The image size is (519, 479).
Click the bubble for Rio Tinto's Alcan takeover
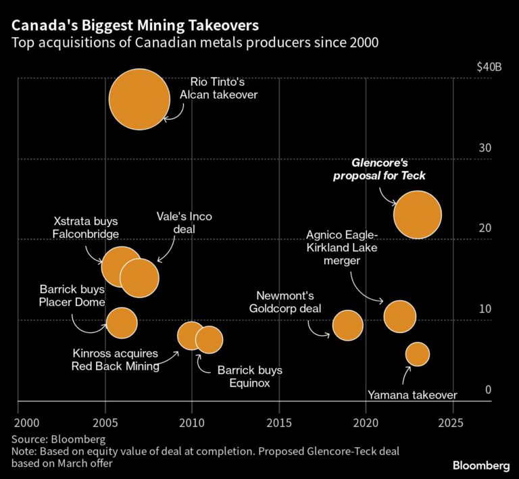click(x=139, y=99)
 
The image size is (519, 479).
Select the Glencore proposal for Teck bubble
click(x=417, y=215)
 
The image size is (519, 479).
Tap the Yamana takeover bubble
click(x=417, y=354)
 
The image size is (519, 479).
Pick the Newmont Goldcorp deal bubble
click(x=347, y=326)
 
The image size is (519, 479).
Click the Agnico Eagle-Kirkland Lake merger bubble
click(x=399, y=316)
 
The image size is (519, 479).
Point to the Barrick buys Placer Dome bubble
click(x=121, y=322)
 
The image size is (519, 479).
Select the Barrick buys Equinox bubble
click(x=209, y=339)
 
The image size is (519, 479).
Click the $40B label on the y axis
click(x=489, y=68)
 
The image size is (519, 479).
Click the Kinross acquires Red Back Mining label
click(x=115, y=360)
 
